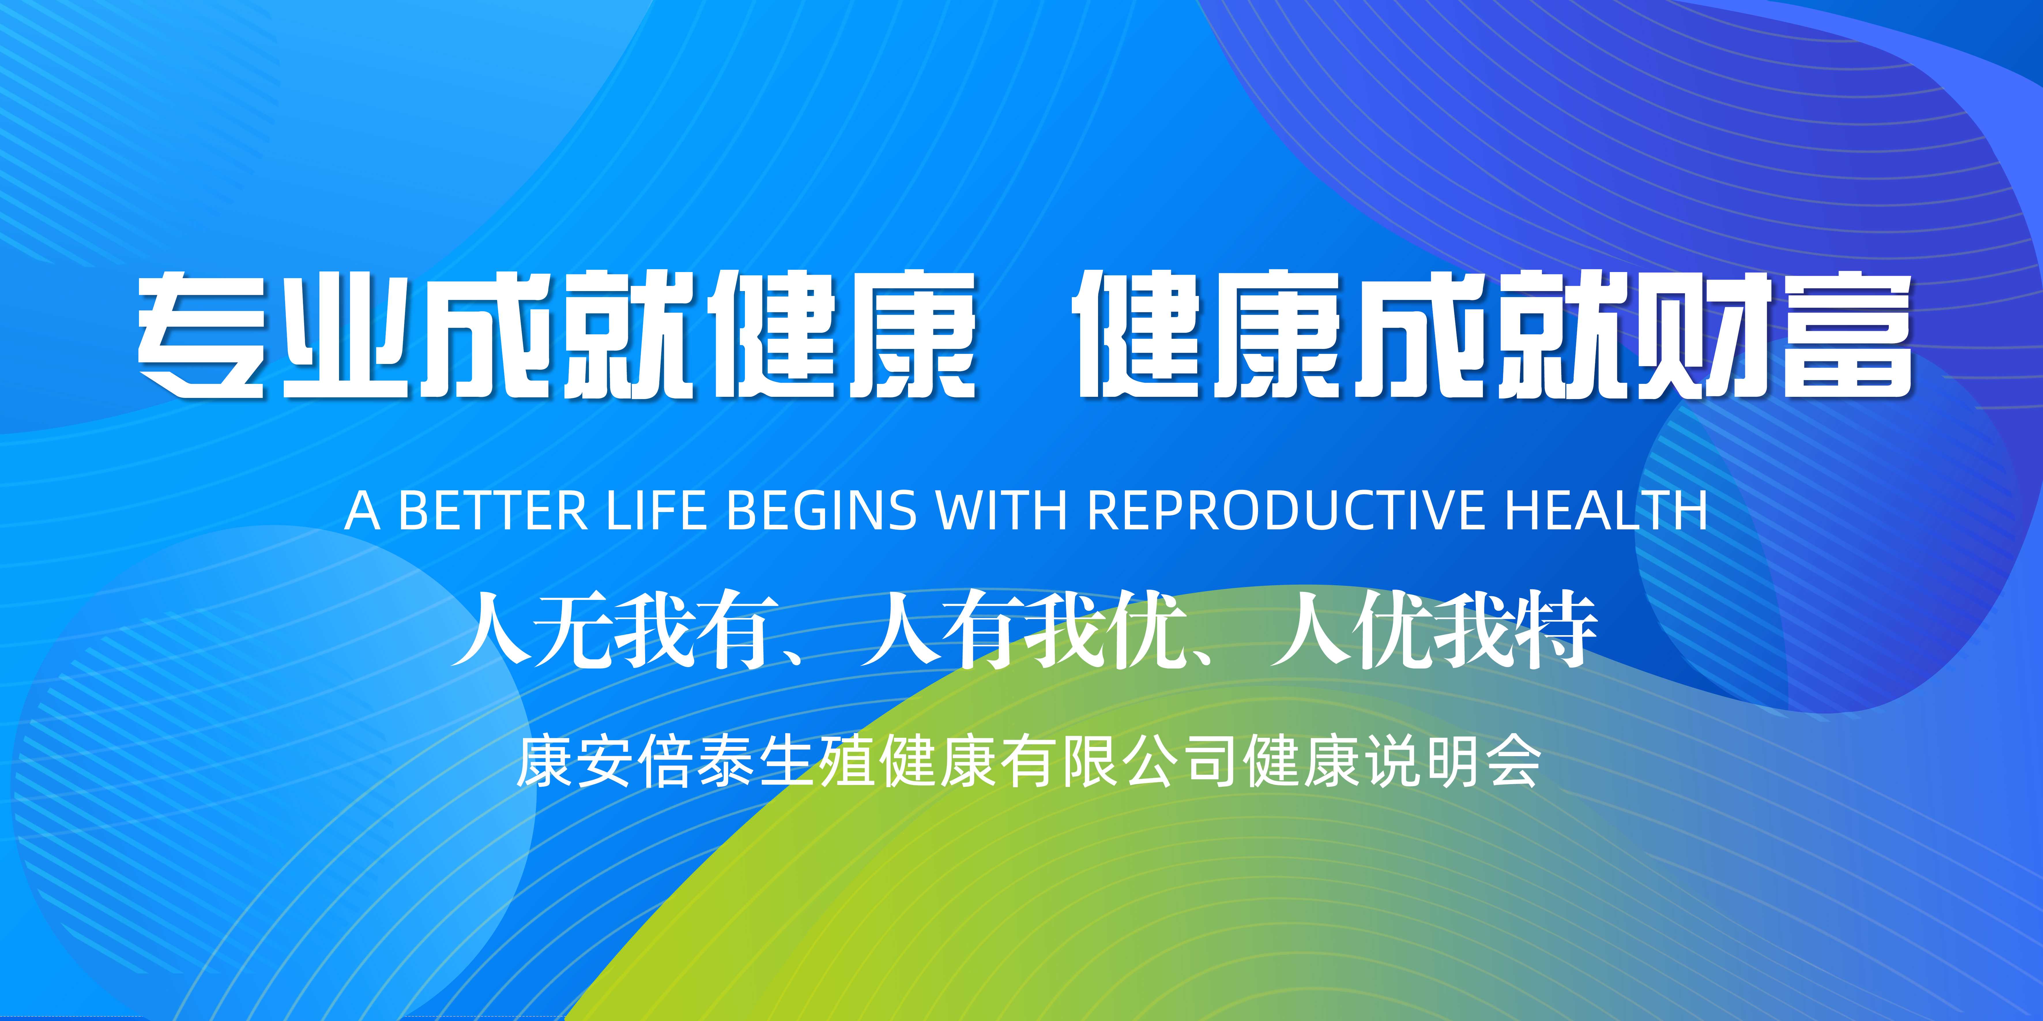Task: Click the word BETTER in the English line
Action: pyautogui.click(x=492, y=510)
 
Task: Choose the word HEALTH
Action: pyautogui.click(x=1606, y=510)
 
